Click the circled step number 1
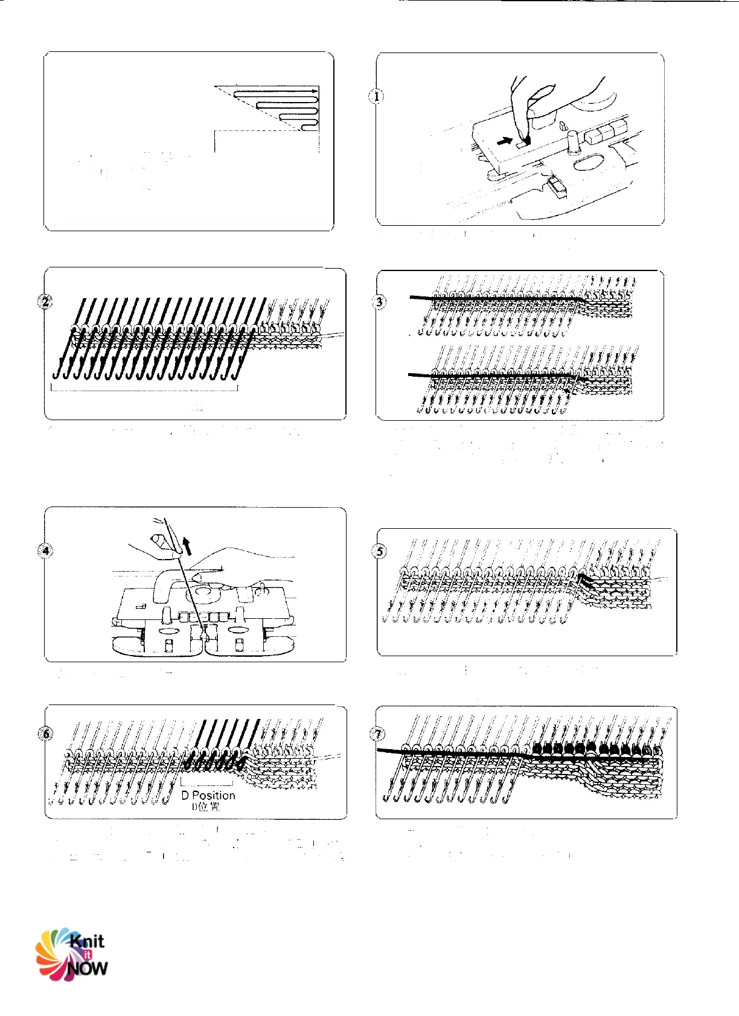tap(377, 96)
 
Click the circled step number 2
tap(45, 301)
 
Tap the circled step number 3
tap(379, 301)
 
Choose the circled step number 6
tap(46, 733)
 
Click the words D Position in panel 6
tap(208, 796)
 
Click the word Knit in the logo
tap(87, 941)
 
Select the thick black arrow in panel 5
tap(586, 582)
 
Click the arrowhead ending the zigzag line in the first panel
tap(315, 91)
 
